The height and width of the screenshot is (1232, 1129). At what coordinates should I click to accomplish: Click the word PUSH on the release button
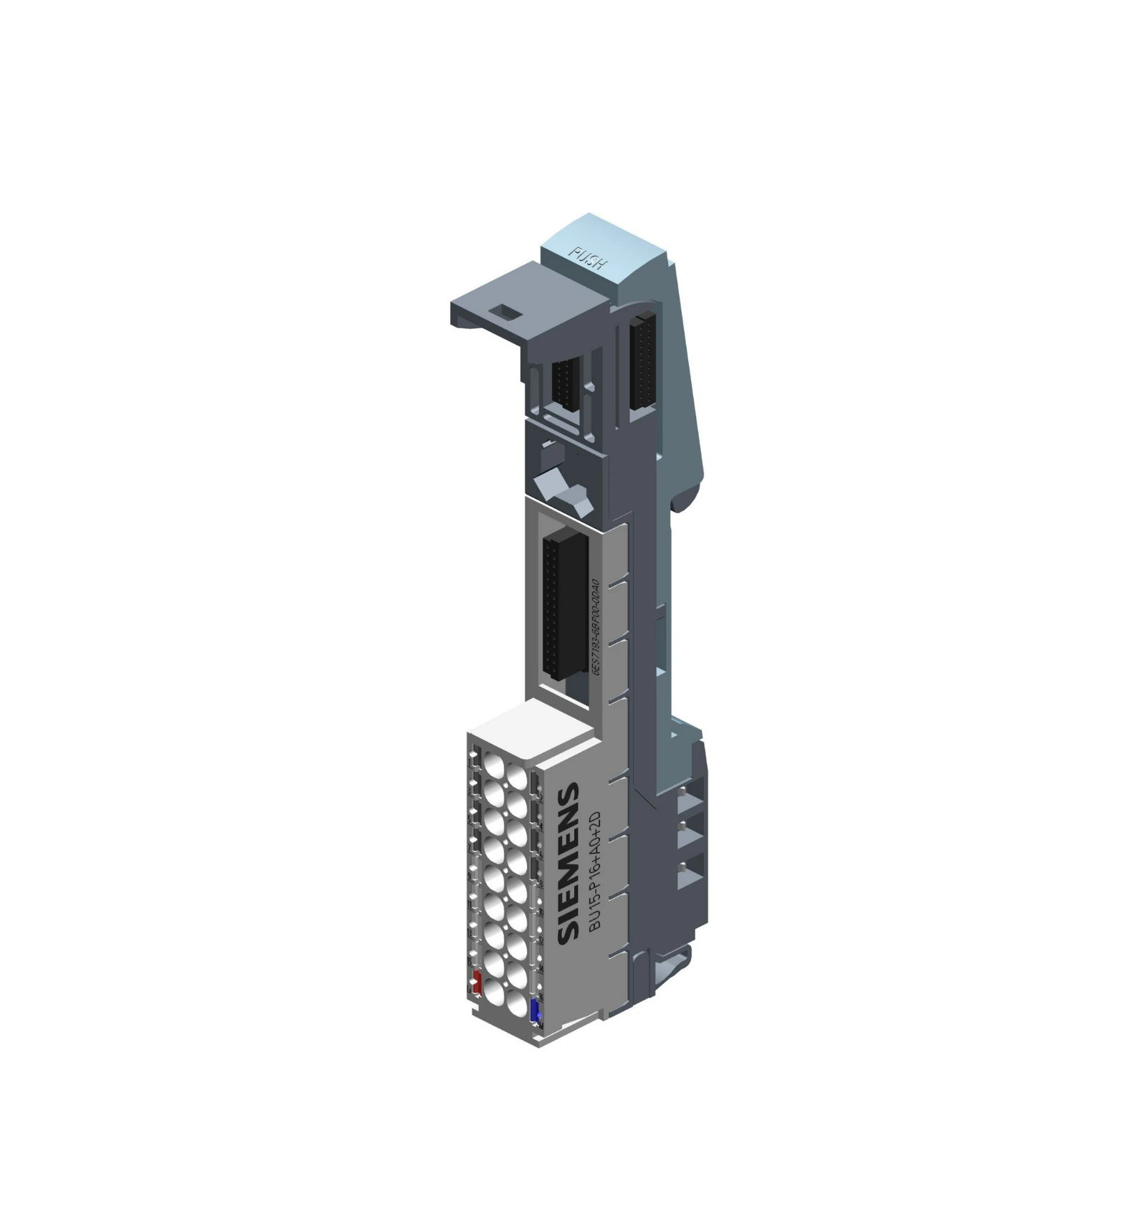pyautogui.click(x=587, y=258)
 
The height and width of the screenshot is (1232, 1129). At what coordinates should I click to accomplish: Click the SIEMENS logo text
pyautogui.click(x=568, y=863)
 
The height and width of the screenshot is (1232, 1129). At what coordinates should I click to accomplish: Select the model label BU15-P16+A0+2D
pyautogui.click(x=594, y=872)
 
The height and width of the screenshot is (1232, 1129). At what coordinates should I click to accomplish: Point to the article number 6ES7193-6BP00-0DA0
pyautogui.click(x=595, y=624)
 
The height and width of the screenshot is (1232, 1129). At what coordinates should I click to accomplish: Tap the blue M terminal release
pyautogui.click(x=535, y=1011)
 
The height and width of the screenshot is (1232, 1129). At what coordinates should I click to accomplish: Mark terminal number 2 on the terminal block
pyautogui.click(x=538, y=798)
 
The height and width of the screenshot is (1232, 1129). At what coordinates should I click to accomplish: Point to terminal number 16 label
pyautogui.click(x=540, y=997)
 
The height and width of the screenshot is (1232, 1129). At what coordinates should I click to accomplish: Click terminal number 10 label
pyautogui.click(x=540, y=912)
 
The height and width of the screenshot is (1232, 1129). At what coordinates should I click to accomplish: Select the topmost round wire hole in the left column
pyautogui.click(x=493, y=765)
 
